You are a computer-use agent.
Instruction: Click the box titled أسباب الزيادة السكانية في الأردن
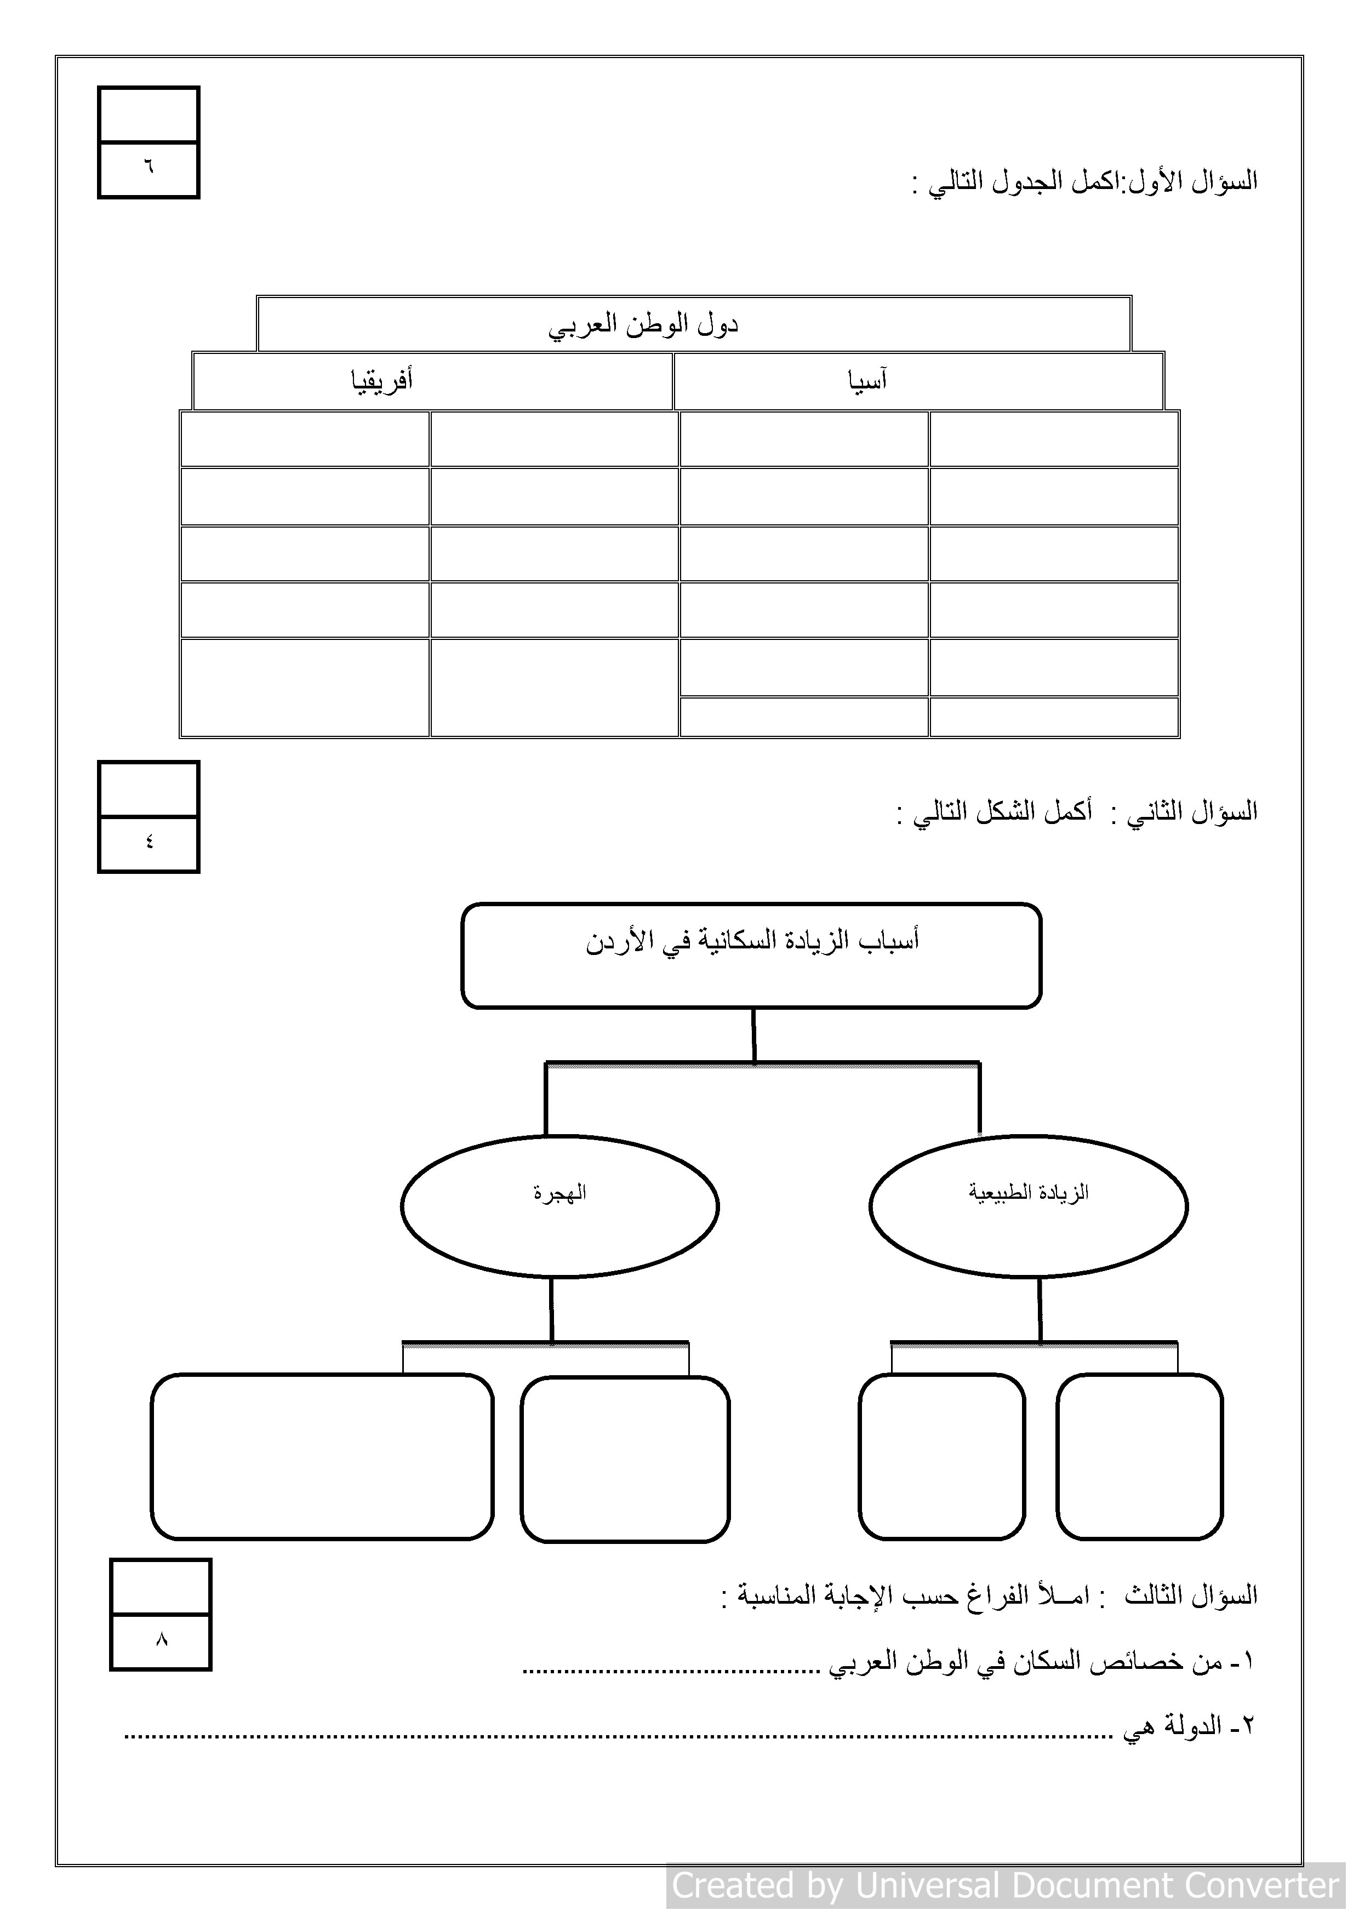(x=751, y=955)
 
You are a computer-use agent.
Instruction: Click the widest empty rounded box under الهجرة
(x=322, y=1457)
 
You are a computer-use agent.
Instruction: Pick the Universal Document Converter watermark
(x=1005, y=1885)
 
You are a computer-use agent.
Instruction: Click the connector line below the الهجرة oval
(x=551, y=1310)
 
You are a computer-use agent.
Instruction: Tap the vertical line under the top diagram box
(x=753, y=1036)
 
